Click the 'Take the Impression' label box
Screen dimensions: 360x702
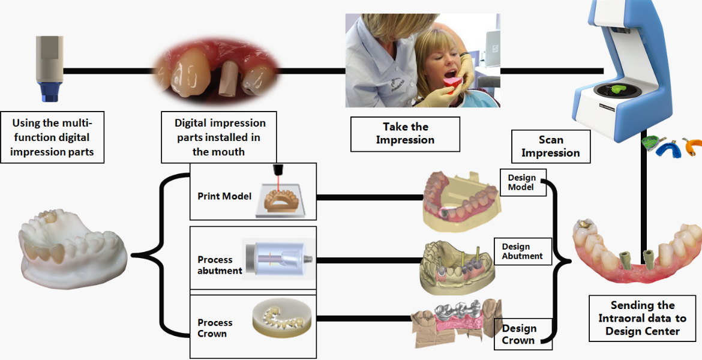[x=405, y=134]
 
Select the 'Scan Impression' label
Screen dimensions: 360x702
[x=550, y=146]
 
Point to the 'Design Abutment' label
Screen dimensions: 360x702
[x=522, y=251]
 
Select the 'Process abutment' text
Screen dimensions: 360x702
[x=219, y=265]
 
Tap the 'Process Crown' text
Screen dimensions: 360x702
[x=215, y=328]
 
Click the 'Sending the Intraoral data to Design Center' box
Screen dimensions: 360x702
[x=642, y=318]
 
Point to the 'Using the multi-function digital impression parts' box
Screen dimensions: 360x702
[x=52, y=137]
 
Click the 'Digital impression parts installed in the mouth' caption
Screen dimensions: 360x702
[x=218, y=137]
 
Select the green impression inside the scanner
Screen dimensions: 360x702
[x=623, y=89]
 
